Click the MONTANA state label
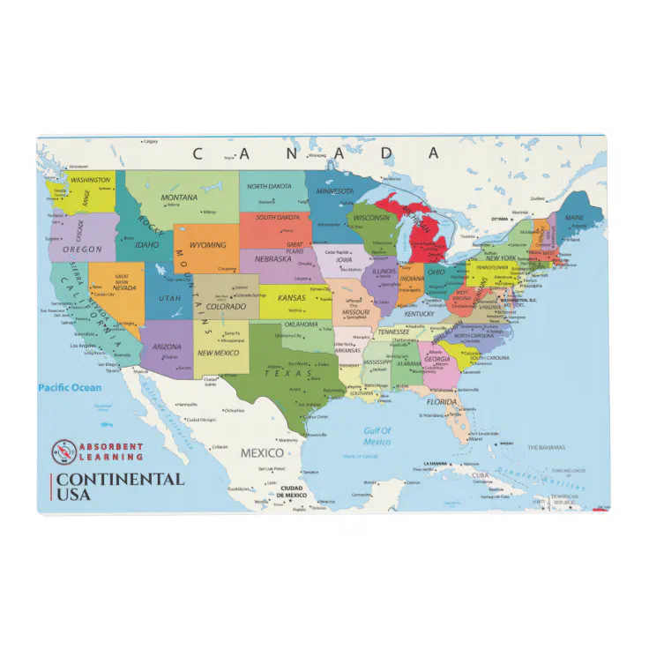(179, 198)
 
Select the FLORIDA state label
(442, 402)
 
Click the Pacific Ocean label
(70, 388)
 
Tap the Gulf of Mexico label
(377, 436)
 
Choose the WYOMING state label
(208, 245)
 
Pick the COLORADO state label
(227, 307)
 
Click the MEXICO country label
(263, 453)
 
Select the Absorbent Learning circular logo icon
(63, 451)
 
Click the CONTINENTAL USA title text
(118, 487)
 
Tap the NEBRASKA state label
(273, 259)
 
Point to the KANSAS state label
(292, 298)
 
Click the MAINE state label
(574, 217)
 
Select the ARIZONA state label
(167, 347)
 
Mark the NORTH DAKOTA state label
(269, 187)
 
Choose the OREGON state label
(82, 250)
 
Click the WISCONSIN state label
(371, 218)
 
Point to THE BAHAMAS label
(546, 448)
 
